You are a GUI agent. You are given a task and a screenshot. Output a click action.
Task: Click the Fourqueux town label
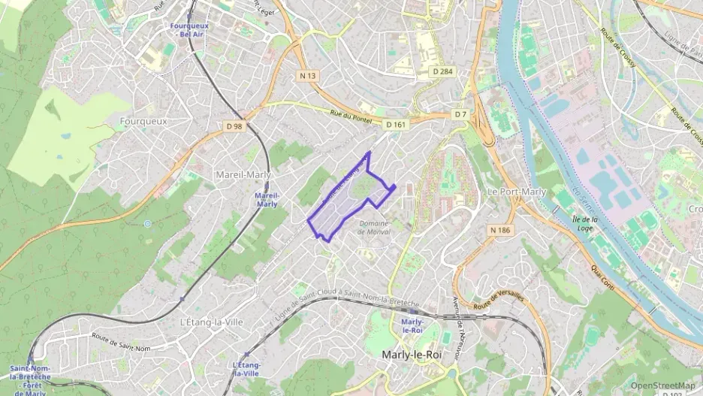click(x=143, y=120)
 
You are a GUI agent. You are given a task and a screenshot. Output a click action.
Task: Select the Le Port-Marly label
click(x=517, y=192)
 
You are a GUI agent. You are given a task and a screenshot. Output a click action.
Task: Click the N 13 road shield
click(x=307, y=75)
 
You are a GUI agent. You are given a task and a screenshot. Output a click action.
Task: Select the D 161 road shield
click(x=396, y=123)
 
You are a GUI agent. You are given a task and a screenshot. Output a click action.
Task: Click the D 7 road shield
click(x=460, y=114)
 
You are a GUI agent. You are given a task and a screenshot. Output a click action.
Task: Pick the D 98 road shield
click(x=234, y=126)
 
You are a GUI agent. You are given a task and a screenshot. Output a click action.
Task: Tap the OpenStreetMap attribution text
click(x=663, y=385)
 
